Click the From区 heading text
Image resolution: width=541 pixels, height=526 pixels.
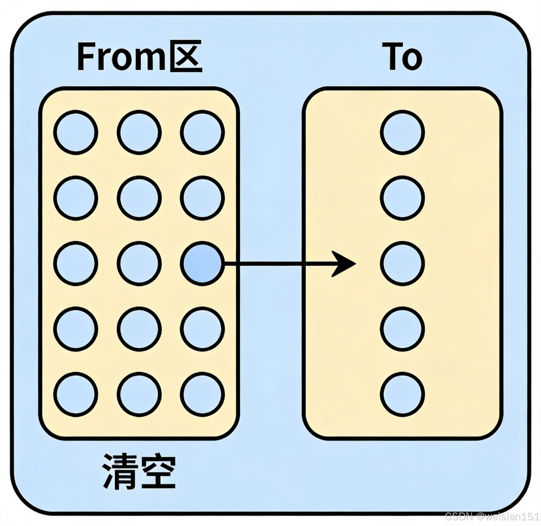[x=139, y=56]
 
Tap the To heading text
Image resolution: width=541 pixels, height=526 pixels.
[x=402, y=56]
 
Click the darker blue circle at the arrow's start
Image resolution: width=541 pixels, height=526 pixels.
[x=202, y=264]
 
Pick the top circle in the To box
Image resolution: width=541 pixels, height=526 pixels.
[x=402, y=132]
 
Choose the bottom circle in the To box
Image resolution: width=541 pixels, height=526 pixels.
[x=402, y=394]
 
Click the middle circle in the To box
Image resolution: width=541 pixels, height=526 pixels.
[x=402, y=264]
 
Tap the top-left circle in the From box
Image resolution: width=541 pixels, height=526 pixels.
[x=76, y=132]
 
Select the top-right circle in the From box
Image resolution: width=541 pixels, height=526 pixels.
[x=202, y=132]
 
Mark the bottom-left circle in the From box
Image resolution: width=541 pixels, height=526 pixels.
[x=76, y=394]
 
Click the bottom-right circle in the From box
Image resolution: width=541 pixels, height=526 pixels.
[x=202, y=394]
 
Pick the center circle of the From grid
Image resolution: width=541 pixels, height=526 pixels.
[x=139, y=264]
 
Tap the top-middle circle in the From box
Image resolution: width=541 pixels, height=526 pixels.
[x=139, y=132]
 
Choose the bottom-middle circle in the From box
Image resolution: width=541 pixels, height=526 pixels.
[x=139, y=394]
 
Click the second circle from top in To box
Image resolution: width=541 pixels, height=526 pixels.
[x=402, y=198]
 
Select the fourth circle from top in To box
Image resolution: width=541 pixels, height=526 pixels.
[x=402, y=329]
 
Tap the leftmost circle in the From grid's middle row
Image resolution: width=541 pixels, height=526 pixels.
[x=76, y=264]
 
